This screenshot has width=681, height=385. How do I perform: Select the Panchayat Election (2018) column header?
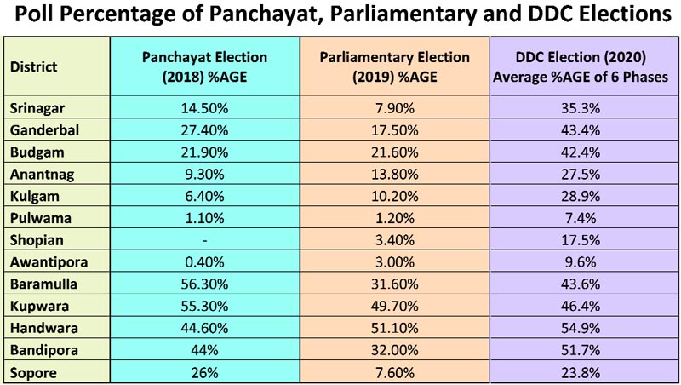pos(204,66)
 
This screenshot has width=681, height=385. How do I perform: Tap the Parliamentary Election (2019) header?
pos(394,66)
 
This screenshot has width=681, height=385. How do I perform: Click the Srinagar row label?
pos(37,107)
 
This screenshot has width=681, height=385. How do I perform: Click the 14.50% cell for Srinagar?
pos(204,107)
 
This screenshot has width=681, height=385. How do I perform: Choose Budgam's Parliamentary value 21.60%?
pos(394,151)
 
